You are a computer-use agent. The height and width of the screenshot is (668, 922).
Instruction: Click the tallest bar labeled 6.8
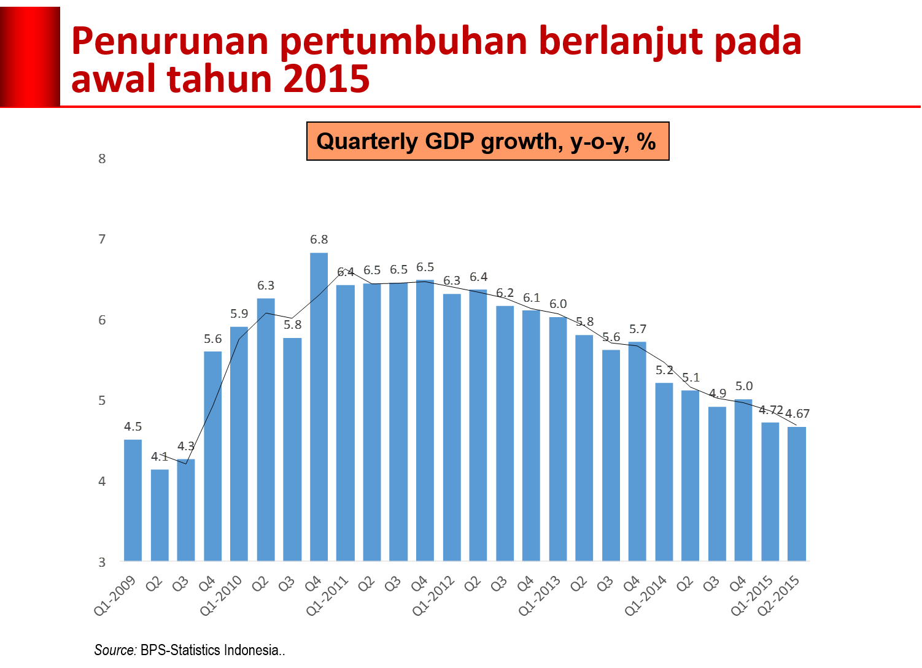click(x=319, y=405)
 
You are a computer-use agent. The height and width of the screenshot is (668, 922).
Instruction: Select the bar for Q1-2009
click(x=133, y=499)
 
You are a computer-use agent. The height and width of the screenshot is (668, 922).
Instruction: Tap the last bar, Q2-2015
click(x=797, y=493)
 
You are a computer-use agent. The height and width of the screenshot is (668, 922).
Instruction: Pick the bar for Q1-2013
click(x=557, y=438)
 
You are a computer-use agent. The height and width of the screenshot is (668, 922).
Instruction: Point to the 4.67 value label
click(x=797, y=413)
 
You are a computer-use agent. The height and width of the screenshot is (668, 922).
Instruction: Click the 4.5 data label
click(x=133, y=426)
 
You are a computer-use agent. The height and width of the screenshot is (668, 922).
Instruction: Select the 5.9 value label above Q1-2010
click(x=239, y=313)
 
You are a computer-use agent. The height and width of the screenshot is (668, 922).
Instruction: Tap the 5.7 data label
click(x=637, y=329)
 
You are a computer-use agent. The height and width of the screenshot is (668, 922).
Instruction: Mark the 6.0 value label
click(x=557, y=304)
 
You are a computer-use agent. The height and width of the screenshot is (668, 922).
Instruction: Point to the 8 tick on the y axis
click(x=103, y=159)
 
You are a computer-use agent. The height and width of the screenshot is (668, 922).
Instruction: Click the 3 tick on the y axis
click(x=103, y=562)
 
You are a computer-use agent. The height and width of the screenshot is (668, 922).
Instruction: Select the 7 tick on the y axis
click(x=103, y=239)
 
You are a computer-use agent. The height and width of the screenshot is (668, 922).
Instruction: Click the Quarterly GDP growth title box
click(x=487, y=142)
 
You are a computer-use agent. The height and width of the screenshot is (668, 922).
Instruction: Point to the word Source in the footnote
click(x=115, y=650)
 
